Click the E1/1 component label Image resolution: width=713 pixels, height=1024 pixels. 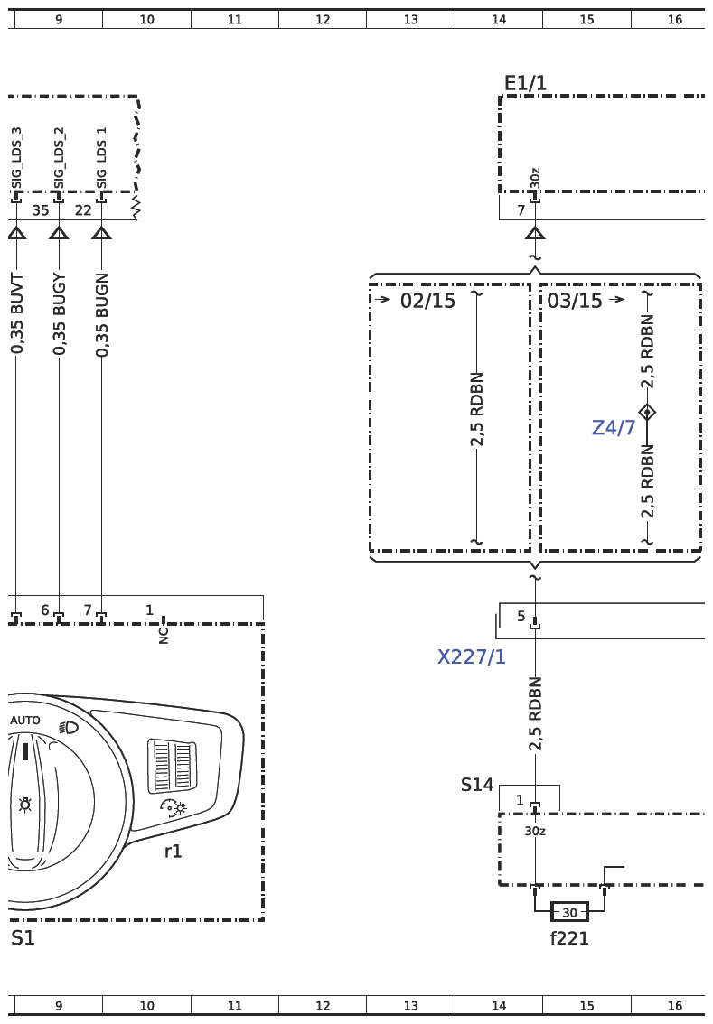(525, 83)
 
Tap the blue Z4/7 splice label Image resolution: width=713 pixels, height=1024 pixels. (613, 427)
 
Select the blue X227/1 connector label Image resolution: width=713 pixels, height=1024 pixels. (471, 656)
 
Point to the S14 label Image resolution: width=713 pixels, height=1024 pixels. (477, 785)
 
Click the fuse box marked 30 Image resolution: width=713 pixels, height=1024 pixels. (569, 912)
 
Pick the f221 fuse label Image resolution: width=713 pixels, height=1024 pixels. (569, 938)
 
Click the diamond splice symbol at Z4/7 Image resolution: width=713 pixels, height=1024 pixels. (647, 412)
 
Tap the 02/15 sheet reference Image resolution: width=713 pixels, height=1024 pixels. (427, 301)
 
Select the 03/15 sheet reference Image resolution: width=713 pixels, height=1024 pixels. (575, 301)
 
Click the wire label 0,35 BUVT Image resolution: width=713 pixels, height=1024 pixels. (17, 314)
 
